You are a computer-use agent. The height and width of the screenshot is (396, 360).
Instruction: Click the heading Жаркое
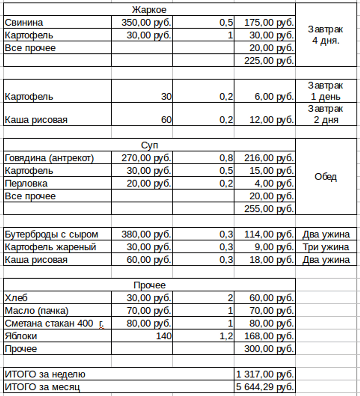(x=149, y=10)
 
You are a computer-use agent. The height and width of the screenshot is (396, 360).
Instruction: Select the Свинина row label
(x=23, y=22)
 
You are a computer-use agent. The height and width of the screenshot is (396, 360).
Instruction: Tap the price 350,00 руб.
(x=147, y=22)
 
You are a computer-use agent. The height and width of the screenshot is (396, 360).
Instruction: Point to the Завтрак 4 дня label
(x=325, y=35)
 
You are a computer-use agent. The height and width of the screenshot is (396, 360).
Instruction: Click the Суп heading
(x=149, y=145)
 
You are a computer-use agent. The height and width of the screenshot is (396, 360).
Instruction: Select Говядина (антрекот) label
(x=49, y=158)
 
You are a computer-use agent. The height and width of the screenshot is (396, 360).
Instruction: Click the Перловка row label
(x=26, y=184)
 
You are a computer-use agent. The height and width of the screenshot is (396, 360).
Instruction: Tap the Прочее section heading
(x=149, y=285)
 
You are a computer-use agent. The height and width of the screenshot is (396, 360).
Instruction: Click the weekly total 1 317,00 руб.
(x=265, y=374)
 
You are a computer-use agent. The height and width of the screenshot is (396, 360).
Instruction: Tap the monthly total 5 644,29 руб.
(x=265, y=387)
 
